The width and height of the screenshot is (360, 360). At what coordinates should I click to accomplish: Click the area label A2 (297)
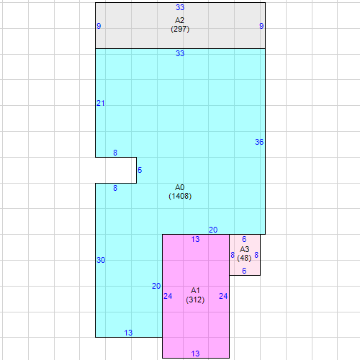click(180, 24)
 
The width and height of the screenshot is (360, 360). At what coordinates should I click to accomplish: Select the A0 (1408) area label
click(180, 192)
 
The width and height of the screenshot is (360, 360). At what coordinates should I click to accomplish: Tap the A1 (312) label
click(195, 295)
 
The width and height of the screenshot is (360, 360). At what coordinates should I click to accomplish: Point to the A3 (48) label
click(244, 253)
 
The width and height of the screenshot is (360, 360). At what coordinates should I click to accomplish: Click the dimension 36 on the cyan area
click(259, 142)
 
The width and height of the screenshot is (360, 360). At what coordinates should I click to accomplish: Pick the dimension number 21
click(101, 103)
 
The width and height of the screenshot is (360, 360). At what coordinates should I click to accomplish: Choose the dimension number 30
click(101, 260)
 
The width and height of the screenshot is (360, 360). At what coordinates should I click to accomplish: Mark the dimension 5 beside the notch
click(140, 170)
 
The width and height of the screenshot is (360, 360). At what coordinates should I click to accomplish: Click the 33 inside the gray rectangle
click(180, 7)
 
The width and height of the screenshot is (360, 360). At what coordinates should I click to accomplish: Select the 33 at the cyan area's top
click(180, 53)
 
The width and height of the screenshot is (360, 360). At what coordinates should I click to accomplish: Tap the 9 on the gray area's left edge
click(99, 26)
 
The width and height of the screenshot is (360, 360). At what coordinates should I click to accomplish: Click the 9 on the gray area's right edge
click(261, 26)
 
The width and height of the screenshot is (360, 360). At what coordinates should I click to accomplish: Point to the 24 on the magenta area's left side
click(168, 296)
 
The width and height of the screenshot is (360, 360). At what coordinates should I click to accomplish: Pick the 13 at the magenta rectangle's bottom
click(195, 354)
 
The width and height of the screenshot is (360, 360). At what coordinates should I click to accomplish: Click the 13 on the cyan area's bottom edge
click(128, 333)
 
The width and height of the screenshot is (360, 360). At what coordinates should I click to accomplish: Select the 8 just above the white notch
click(115, 153)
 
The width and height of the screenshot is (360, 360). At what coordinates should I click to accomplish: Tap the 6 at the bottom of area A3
click(244, 271)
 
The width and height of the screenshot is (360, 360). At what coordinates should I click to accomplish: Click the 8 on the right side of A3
click(256, 255)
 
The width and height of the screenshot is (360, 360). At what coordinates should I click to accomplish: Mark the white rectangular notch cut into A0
click(116, 171)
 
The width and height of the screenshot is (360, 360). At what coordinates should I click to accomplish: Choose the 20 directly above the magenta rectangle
click(213, 230)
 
